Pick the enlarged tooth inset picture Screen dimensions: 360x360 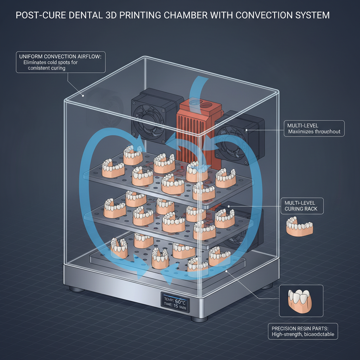(301, 300)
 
